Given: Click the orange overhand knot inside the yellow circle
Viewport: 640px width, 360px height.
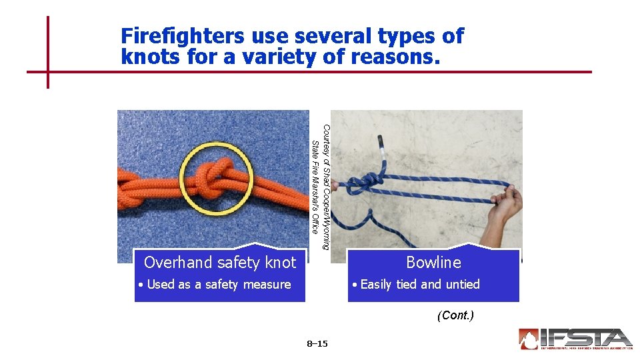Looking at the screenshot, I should coord(215,177).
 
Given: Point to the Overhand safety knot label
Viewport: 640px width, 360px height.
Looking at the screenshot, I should coord(219,263).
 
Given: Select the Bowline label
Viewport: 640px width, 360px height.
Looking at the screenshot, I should coord(433,263).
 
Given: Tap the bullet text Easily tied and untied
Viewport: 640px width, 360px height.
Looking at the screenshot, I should coord(419,285).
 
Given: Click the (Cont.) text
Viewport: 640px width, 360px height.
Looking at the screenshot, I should coord(455,315).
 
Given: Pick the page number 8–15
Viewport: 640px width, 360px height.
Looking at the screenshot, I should coord(317,344).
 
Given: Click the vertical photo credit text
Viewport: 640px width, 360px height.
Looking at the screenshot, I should coord(319,187).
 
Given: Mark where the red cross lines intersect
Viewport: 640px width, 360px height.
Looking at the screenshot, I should coord(48,71).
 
